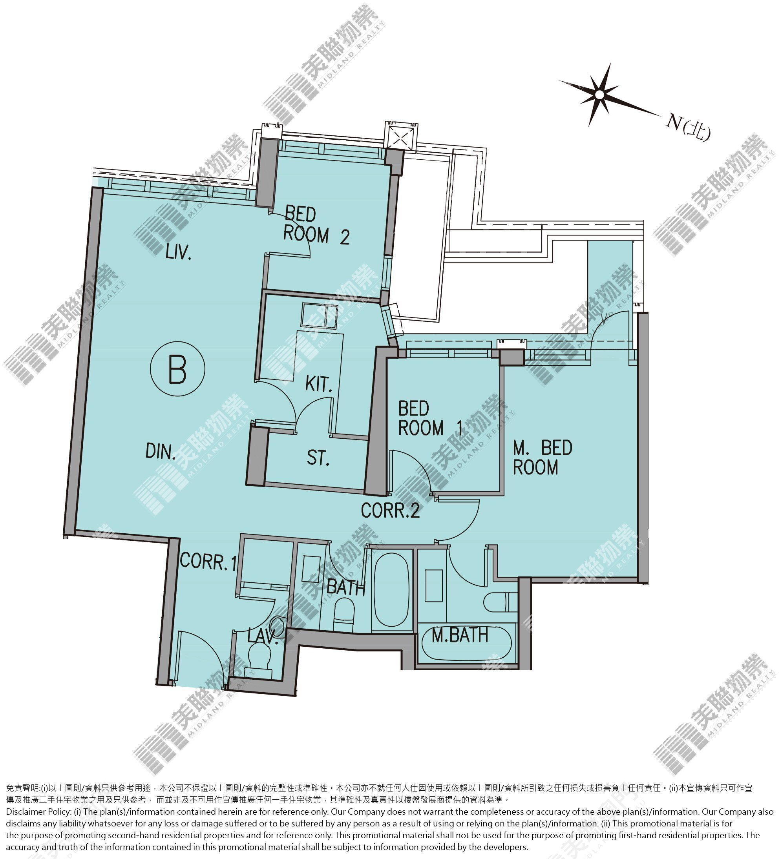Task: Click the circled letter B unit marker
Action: coord(177,369)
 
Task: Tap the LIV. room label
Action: coord(178,253)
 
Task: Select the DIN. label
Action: coord(161,451)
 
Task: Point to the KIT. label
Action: coord(319,385)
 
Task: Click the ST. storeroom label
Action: coord(318,458)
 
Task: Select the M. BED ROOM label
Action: coord(542,458)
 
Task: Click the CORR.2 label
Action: coord(391,511)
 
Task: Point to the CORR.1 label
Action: coord(208,561)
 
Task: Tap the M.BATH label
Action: coord(460,635)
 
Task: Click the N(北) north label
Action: coord(688,126)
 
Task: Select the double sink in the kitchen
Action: coord(319,316)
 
